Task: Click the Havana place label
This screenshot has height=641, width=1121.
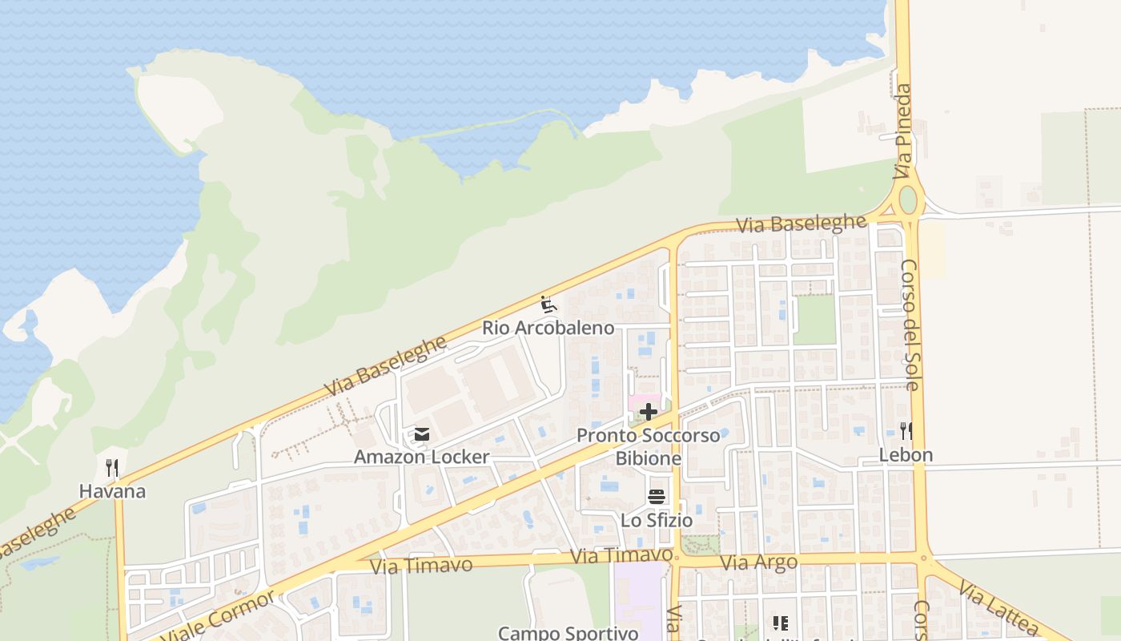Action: [x=112, y=490]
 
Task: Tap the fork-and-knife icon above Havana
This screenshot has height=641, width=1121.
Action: [x=112, y=467]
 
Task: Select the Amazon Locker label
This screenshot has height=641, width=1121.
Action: [x=422, y=457]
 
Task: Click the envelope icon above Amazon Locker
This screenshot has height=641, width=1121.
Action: [x=422, y=434]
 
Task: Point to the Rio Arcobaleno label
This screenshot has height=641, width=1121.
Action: [x=548, y=328]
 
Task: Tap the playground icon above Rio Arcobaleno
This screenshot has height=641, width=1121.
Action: [x=548, y=304]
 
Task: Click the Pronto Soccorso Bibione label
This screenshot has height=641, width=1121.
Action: [x=649, y=447]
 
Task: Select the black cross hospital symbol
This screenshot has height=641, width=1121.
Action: [x=649, y=413]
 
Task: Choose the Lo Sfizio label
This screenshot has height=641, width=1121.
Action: [x=657, y=520]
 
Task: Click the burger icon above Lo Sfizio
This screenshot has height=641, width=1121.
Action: [x=657, y=497]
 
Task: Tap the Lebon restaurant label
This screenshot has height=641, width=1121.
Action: [x=906, y=455]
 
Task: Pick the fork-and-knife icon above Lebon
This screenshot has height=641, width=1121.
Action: [x=906, y=431]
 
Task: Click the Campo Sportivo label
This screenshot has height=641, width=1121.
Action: [x=568, y=632]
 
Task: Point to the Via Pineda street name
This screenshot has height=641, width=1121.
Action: [x=903, y=132]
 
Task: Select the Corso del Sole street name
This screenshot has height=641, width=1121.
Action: [x=910, y=324]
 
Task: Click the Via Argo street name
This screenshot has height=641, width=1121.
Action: [x=758, y=562]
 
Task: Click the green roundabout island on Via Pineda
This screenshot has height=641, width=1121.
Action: [x=907, y=199]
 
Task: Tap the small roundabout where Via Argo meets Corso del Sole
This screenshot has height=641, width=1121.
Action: [x=923, y=558]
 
